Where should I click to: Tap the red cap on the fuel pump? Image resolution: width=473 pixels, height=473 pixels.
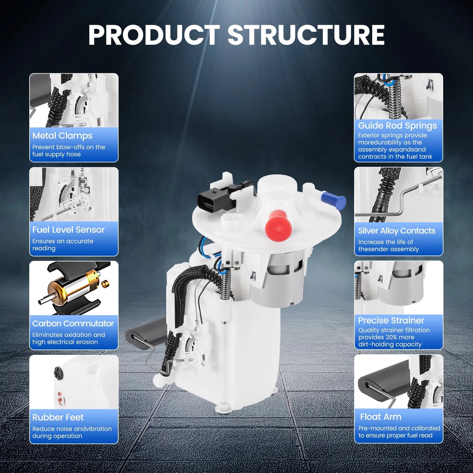[278, 225]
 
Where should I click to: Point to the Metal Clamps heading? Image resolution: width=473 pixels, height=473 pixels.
[62, 136]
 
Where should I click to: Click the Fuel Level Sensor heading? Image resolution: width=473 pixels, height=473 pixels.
[69, 230]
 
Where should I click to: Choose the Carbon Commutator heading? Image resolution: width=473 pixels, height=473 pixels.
[73, 323]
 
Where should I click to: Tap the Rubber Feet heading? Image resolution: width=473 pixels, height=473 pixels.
[58, 417]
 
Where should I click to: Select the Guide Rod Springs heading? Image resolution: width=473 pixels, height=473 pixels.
[397, 126]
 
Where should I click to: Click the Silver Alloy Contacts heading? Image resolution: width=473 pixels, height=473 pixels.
[397, 231]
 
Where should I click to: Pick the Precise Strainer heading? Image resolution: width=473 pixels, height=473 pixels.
[391, 320]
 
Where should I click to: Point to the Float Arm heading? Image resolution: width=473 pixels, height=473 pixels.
[381, 417]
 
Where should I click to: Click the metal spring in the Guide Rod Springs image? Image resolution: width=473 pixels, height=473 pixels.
[394, 99]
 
